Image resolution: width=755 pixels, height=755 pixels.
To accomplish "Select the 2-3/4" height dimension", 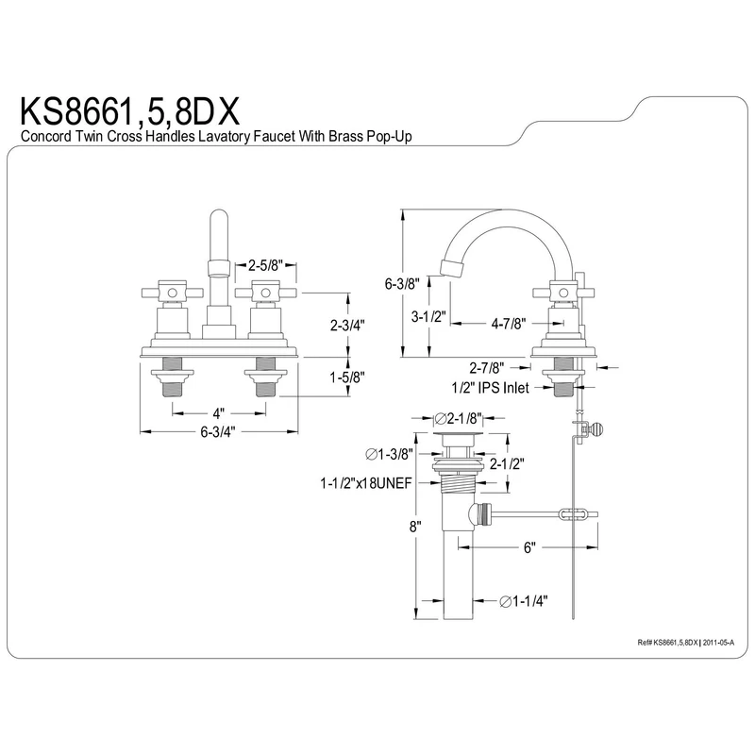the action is pyautogui.click(x=348, y=324).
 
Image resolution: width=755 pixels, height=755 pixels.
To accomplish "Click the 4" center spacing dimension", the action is pyautogui.click(x=218, y=412).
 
